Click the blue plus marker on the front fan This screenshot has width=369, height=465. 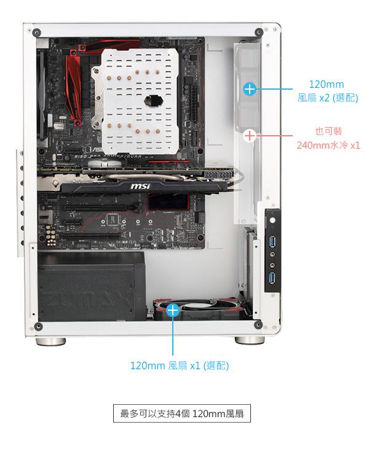[249, 88]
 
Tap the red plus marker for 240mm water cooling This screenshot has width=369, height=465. [249, 136]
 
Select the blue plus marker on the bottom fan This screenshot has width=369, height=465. [172, 310]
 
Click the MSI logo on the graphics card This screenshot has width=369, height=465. [140, 186]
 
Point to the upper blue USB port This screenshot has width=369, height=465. [272, 241]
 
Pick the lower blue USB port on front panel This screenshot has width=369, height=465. [272, 278]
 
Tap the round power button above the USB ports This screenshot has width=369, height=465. [272, 221]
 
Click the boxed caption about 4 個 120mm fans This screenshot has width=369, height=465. [182, 413]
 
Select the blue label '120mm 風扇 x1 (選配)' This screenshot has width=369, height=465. [180, 365]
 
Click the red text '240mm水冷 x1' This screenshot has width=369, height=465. [328, 146]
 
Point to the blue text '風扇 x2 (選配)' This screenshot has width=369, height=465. [328, 98]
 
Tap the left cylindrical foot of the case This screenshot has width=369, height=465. [51, 342]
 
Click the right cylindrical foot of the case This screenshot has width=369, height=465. [250, 340]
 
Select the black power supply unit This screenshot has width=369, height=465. [92, 286]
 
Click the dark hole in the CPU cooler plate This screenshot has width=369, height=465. [154, 101]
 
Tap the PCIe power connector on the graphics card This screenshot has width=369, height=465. [218, 174]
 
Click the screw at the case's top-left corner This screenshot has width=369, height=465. [36, 32]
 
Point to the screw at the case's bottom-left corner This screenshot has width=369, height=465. [38, 327]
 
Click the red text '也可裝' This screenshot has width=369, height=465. [328, 131]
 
